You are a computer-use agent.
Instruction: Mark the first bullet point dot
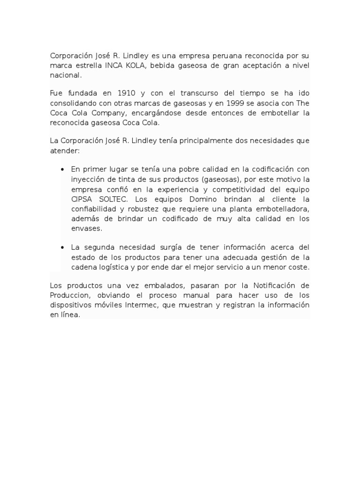pyautogui.click(x=62, y=169)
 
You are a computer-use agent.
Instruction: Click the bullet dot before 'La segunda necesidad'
pyautogui.click(x=62, y=247)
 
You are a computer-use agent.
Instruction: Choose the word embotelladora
pyautogui.click(x=285, y=209)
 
